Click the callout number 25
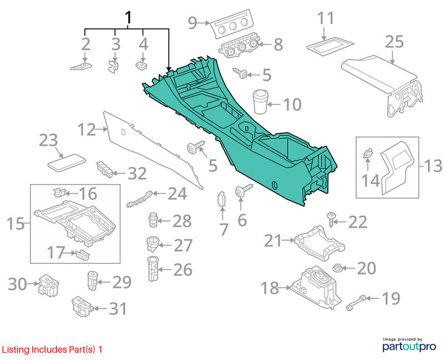[394, 43]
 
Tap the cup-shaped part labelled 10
[260, 102]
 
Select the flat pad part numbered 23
[66, 163]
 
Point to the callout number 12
[87, 129]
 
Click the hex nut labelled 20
[337, 268]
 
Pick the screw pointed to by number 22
[331, 219]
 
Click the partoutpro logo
[409, 345]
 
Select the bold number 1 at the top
[128, 18]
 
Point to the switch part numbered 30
[48, 285]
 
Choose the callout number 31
[118, 308]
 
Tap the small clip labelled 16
[59, 192]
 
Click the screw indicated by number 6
[243, 190]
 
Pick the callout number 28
[182, 221]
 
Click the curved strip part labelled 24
[139, 199]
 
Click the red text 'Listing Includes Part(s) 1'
[52, 349]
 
